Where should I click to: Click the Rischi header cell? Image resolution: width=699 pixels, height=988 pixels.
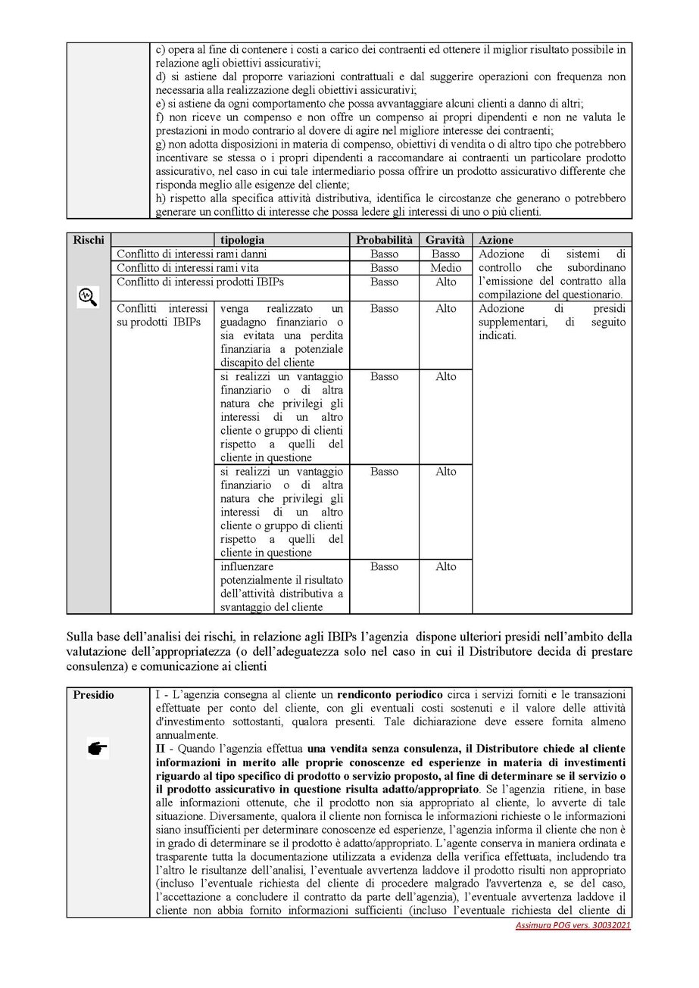click(89, 240)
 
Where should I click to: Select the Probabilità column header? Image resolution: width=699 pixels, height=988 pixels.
click(384, 240)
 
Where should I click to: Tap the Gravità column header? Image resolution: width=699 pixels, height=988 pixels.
click(445, 240)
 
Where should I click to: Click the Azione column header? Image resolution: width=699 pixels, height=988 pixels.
click(496, 240)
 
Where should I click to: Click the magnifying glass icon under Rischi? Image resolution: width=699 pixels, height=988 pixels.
click(89, 297)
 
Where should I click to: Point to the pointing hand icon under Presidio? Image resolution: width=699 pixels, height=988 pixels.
click(98, 750)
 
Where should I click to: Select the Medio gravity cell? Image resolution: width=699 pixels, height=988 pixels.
click(445, 268)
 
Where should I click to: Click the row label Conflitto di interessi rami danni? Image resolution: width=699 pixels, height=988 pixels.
click(191, 254)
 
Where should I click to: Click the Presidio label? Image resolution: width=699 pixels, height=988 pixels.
click(94, 694)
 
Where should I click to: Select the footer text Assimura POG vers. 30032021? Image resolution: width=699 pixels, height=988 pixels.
click(572, 926)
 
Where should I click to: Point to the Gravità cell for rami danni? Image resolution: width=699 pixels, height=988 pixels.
click(445, 254)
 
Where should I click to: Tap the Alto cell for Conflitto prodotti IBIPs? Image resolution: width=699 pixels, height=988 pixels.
click(445, 282)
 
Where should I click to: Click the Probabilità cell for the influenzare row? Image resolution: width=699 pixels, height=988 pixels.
click(384, 566)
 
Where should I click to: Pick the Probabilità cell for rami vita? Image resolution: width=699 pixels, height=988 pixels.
click(384, 268)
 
